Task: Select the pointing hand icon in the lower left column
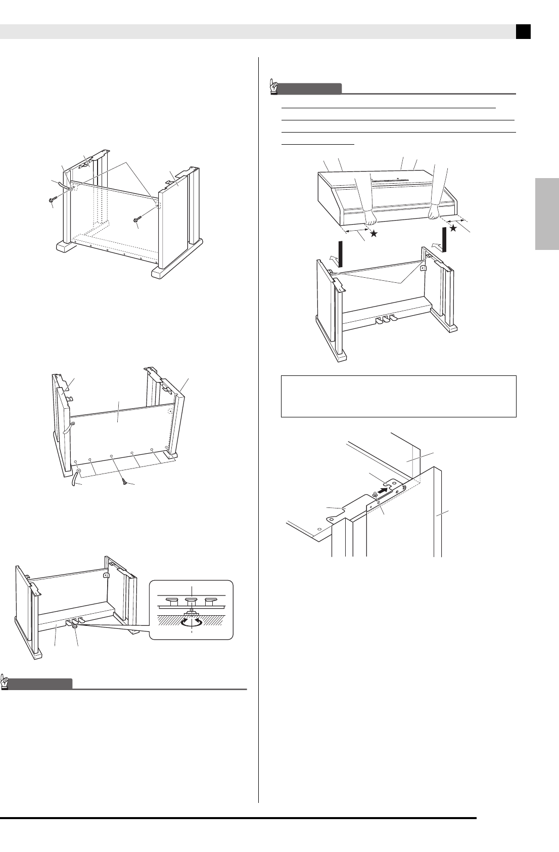(6, 681)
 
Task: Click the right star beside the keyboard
(453, 228)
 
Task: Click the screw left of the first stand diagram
(52, 201)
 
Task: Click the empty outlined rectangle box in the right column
(398, 396)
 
